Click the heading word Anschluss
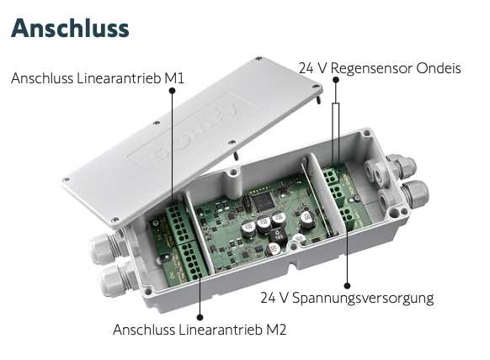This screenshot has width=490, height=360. coord(70,28)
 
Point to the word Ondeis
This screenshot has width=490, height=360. coord(439,68)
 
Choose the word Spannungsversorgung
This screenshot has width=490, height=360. coord(363,299)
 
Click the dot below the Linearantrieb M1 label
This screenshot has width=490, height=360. coord(172,91)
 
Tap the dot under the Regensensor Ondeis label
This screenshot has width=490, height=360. coord(336,80)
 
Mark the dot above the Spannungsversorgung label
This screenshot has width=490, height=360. coord(347,285)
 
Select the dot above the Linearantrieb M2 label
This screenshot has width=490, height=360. coord(200,317)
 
